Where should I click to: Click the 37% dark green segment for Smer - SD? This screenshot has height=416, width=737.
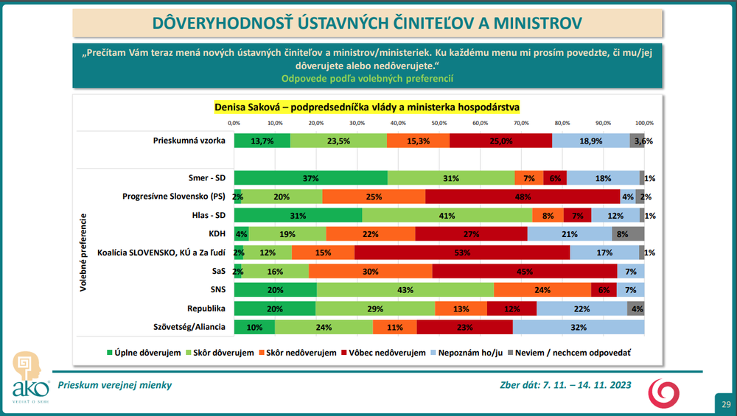click(310, 178)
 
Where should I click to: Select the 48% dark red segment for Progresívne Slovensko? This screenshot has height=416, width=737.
click(523, 197)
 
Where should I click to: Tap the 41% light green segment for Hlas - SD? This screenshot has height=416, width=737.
click(447, 215)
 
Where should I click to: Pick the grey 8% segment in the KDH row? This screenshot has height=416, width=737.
click(628, 234)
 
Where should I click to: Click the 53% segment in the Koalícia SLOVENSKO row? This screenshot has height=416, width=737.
click(463, 253)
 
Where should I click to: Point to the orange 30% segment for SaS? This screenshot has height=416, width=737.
click(371, 272)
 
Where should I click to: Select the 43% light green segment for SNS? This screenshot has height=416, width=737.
click(405, 290)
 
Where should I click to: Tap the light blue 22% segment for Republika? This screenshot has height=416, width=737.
click(581, 309)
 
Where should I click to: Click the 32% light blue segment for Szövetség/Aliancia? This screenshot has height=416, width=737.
click(579, 327)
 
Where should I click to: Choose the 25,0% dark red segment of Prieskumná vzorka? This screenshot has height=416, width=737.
click(501, 141)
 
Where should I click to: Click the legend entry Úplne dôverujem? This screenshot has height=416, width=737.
click(144, 353)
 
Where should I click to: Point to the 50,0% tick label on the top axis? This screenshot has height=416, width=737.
click(439, 122)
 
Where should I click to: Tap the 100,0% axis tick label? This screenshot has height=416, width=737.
click(644, 122)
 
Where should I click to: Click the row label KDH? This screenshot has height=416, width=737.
click(217, 234)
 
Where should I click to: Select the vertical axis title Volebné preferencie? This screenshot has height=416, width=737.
click(85, 253)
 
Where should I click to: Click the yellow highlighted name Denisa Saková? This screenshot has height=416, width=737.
click(250, 107)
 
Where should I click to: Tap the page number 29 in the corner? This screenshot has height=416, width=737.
click(725, 404)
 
